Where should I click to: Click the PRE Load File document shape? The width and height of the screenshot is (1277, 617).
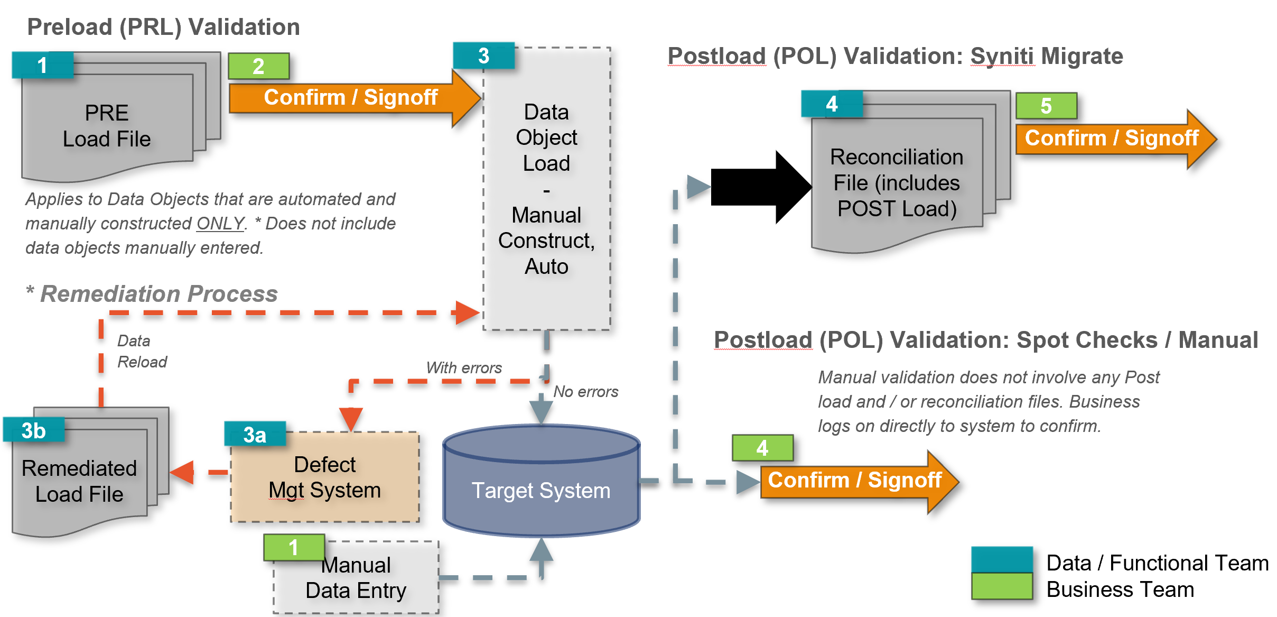coord(107,127)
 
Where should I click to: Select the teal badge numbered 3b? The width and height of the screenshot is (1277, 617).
coord(34,430)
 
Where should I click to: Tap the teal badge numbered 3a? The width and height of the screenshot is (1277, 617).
coord(255,435)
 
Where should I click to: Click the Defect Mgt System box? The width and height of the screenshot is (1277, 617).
coord(325,477)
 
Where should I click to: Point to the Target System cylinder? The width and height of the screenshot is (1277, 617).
coord(541,490)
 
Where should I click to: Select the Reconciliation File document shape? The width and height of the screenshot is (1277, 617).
coord(897,183)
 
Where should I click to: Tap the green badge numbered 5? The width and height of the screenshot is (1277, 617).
coord(1046,106)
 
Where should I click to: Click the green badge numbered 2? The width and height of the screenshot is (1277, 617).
coord(258,66)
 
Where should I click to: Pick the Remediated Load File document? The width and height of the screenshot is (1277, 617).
coord(79,481)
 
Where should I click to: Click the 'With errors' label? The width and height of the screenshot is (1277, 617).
coord(464,368)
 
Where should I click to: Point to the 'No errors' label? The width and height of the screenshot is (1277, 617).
coord(585,392)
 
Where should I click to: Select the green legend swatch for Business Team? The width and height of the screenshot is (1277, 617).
coord(1002,586)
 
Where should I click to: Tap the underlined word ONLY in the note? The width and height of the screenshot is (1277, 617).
coord(220,224)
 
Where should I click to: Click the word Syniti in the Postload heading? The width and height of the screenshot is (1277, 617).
coord(1002,56)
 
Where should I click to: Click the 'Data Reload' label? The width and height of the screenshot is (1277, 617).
coord(142,352)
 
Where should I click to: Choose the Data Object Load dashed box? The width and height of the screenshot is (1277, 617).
coord(547,189)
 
